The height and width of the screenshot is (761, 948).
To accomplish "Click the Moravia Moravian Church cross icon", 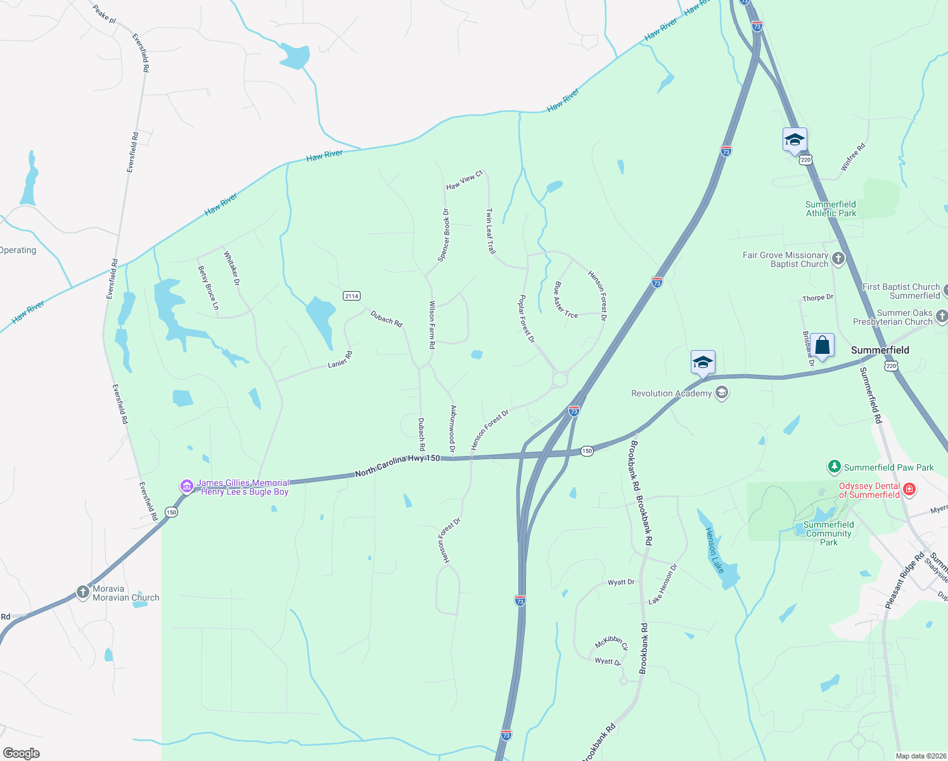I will pos(82,592).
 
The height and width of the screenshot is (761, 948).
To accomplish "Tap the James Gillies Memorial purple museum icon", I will pos(186,486).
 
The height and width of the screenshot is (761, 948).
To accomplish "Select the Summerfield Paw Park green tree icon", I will pos(835,467).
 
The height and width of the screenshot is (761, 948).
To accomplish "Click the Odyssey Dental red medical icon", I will pos(909,489).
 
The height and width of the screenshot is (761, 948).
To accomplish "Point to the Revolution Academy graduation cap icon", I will pos(721,393).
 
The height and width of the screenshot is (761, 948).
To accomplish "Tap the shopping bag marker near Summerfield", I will pos(822,346).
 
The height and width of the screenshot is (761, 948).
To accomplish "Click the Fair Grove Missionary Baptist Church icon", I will pos(838,258).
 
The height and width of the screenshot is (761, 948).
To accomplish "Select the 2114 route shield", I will pos(351,296).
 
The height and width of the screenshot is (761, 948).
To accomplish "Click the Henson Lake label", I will pos(714,550).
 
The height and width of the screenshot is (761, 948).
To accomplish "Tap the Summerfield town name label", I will pos(880,350).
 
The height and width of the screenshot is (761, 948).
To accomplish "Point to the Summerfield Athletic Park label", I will pos(830,209).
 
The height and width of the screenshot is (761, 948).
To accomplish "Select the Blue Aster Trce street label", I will pos(565,300).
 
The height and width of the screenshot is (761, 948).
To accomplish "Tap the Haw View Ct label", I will pos(464,180).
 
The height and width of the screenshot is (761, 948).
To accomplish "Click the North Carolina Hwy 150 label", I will pos(397,466).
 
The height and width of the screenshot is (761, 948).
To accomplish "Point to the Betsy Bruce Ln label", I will pos(208,288).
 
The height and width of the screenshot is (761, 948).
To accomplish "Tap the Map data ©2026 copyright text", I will pos(919,756).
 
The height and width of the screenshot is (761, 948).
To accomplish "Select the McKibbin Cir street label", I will pos(611,643).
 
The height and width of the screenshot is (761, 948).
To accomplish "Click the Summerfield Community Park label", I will pos(828,533).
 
